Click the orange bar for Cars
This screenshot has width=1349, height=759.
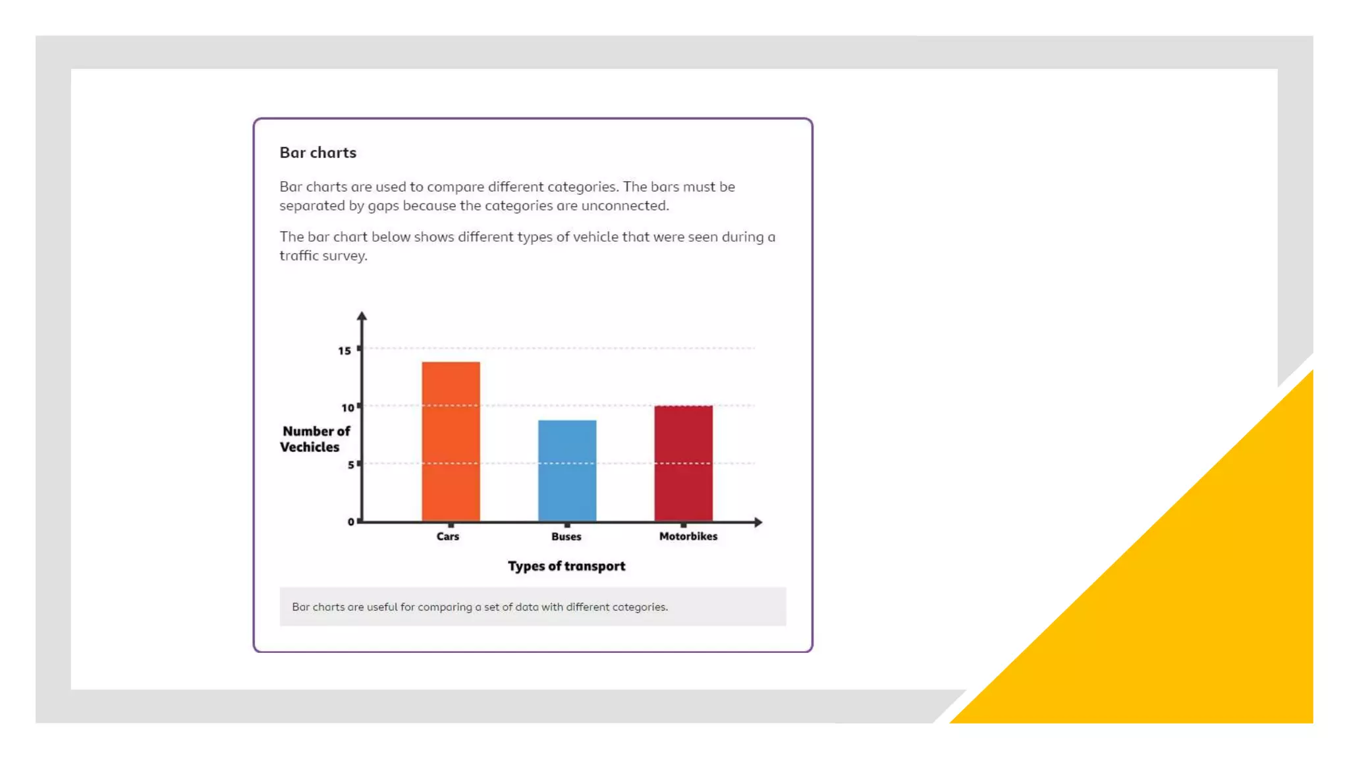tap(451, 441)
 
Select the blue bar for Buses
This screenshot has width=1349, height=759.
tap(567, 470)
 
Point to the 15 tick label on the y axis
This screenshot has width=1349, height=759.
tap(344, 351)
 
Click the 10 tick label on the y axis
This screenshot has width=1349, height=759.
tap(347, 408)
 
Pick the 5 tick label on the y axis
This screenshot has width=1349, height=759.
tap(351, 465)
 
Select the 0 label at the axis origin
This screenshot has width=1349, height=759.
tap(351, 522)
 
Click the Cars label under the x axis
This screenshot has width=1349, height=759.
tap(448, 536)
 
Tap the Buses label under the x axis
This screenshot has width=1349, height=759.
tap(566, 536)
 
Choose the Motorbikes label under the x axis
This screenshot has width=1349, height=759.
tap(688, 536)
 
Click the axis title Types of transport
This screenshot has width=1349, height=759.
tap(566, 566)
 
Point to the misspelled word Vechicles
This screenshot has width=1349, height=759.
tap(310, 447)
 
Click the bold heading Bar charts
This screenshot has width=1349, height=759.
tap(317, 153)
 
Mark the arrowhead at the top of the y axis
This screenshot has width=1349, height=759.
tap(362, 316)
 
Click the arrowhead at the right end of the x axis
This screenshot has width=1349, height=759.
tap(758, 522)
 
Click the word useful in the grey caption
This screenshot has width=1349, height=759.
tap(382, 607)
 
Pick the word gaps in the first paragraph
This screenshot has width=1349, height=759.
tap(383, 206)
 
